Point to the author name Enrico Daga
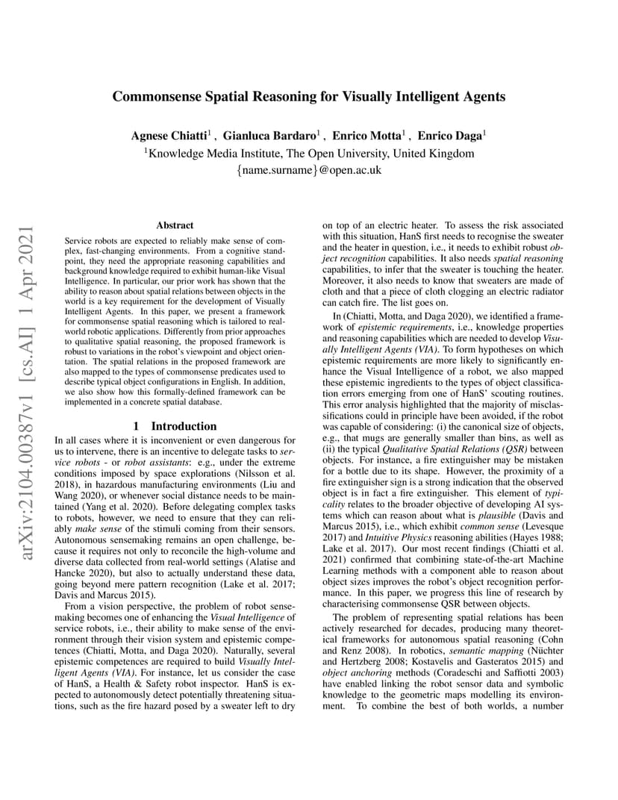[x=451, y=136]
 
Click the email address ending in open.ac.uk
[x=309, y=170]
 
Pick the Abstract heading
[x=175, y=225]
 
